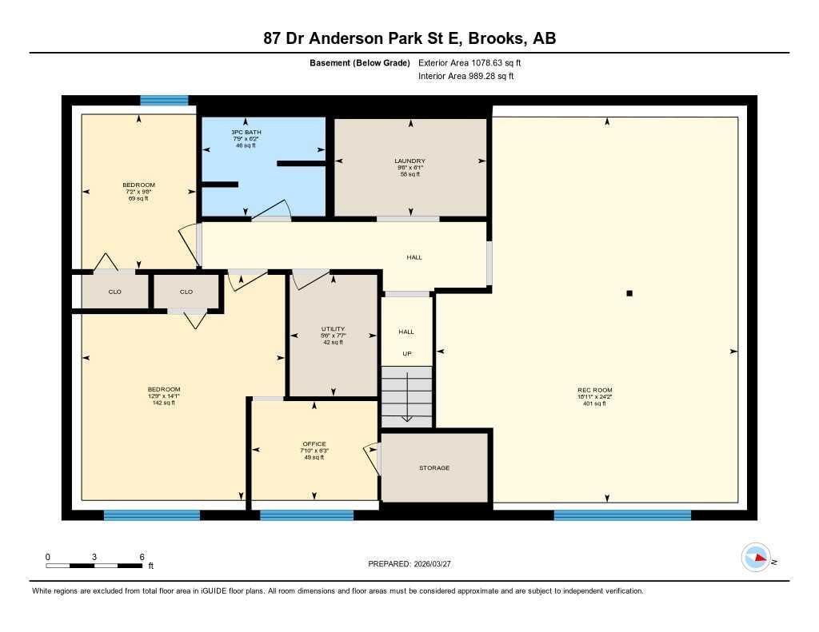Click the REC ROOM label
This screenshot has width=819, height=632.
[x=594, y=390]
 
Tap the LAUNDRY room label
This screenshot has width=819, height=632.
[x=409, y=161]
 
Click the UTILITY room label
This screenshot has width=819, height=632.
[x=333, y=328]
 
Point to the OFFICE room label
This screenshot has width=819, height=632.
[x=314, y=443]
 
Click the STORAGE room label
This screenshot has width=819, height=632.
[x=434, y=468]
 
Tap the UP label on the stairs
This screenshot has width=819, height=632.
[x=406, y=353]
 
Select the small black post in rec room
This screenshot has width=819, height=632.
[x=629, y=293]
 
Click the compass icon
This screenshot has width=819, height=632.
[x=756, y=558]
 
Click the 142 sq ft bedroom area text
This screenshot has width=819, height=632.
[x=164, y=403]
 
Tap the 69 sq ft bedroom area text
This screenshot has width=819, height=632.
[x=139, y=198]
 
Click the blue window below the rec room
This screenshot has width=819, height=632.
[x=622, y=515]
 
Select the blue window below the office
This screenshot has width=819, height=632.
[x=306, y=515]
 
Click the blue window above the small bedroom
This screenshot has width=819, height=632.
[x=164, y=101]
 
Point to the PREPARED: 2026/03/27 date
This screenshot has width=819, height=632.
[x=414, y=564]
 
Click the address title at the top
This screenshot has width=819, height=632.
[x=409, y=38]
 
